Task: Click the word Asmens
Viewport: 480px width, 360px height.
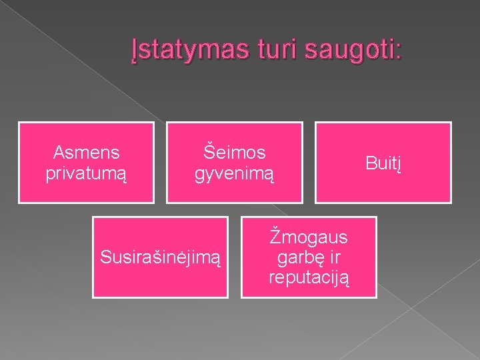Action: [x=87, y=153]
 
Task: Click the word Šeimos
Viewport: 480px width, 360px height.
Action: [x=234, y=153]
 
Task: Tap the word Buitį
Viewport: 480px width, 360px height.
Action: [x=383, y=163]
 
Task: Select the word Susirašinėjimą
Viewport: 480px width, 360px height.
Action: [x=159, y=257]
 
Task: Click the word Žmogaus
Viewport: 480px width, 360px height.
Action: [x=309, y=237]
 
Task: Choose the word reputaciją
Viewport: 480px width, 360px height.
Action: [x=309, y=277]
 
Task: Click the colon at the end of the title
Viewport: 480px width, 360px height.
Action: [x=399, y=51]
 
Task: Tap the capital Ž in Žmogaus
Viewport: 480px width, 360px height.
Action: [x=275, y=237]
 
